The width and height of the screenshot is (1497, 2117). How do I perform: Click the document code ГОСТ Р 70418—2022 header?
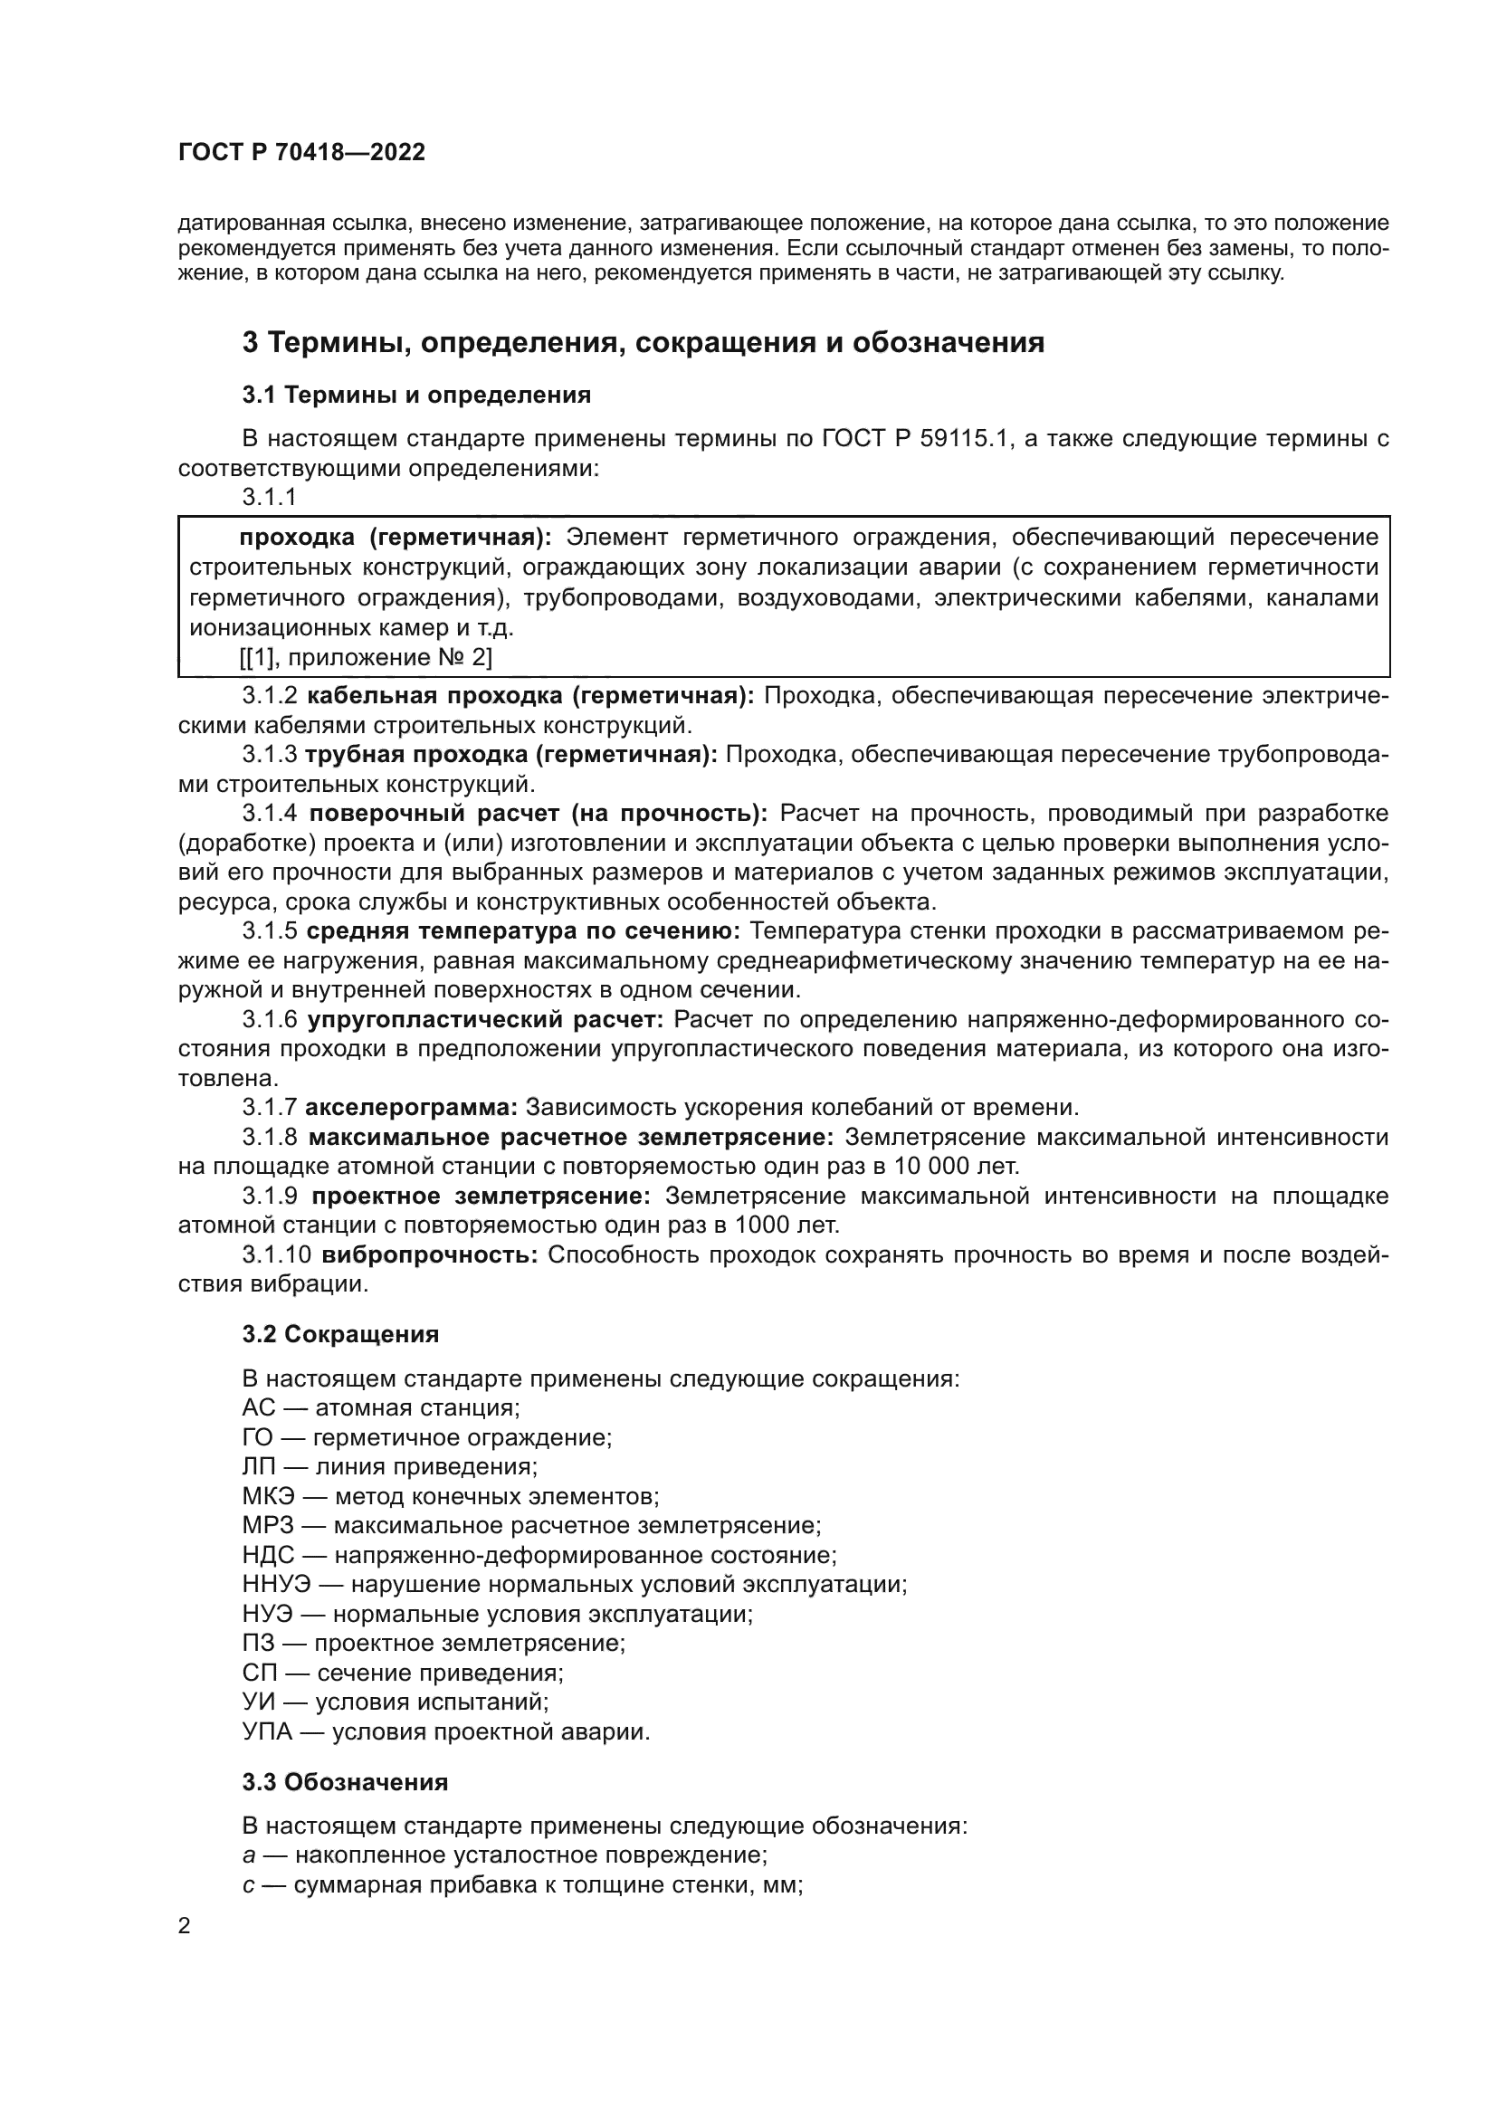pyautogui.click(x=301, y=153)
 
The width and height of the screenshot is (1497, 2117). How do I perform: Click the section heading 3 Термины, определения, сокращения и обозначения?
pyautogui.click(x=643, y=343)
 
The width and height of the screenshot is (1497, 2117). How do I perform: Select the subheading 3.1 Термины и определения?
pyautogui.click(x=415, y=396)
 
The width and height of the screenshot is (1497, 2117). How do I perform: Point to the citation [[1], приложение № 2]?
pyautogui.click(x=365, y=658)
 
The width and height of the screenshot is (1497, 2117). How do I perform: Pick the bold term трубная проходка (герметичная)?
pyautogui.click(x=510, y=755)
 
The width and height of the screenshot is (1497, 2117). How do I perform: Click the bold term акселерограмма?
pyautogui.click(x=412, y=1107)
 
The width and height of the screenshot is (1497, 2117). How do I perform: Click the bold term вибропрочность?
pyautogui.click(x=430, y=1254)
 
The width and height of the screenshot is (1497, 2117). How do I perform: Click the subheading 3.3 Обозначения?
pyautogui.click(x=345, y=1782)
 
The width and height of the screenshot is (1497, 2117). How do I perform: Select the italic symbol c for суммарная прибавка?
pyautogui.click(x=248, y=1885)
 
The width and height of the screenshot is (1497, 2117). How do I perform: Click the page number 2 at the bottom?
pyautogui.click(x=185, y=1952)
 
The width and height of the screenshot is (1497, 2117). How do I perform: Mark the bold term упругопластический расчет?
pyautogui.click(x=485, y=1020)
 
